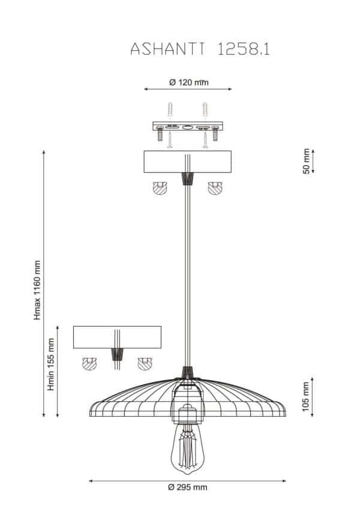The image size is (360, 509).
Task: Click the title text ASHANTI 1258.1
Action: (x=200, y=49)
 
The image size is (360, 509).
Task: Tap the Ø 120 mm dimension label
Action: (x=189, y=82)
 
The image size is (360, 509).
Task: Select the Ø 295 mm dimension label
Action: (x=187, y=487)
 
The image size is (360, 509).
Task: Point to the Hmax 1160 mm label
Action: (x=37, y=290)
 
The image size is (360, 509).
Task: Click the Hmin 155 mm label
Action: (x=51, y=365)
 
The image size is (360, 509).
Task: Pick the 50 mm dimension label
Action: (x=306, y=161)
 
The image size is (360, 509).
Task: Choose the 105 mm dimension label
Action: (x=306, y=397)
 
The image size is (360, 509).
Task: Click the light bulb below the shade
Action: (x=185, y=448)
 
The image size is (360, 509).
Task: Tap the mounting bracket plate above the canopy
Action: (x=188, y=127)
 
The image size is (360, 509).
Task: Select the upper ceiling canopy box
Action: (x=188, y=161)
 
